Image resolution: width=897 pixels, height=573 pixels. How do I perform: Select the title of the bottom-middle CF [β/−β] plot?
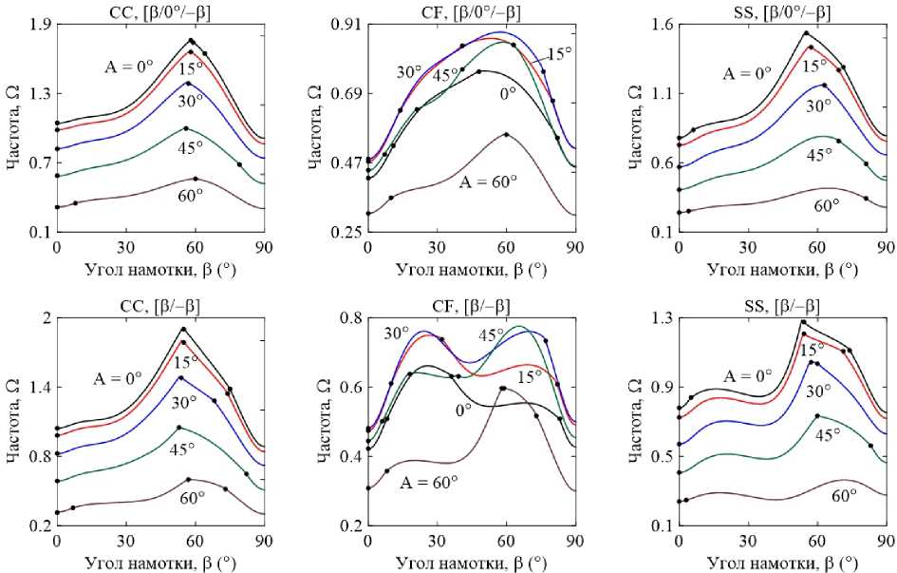coord(471,305)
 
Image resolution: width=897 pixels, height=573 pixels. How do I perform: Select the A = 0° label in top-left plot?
coord(131,67)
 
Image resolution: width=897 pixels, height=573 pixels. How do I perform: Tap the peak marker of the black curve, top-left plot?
coord(192,41)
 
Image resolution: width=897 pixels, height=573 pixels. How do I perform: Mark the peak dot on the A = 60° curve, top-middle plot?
coord(506,135)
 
